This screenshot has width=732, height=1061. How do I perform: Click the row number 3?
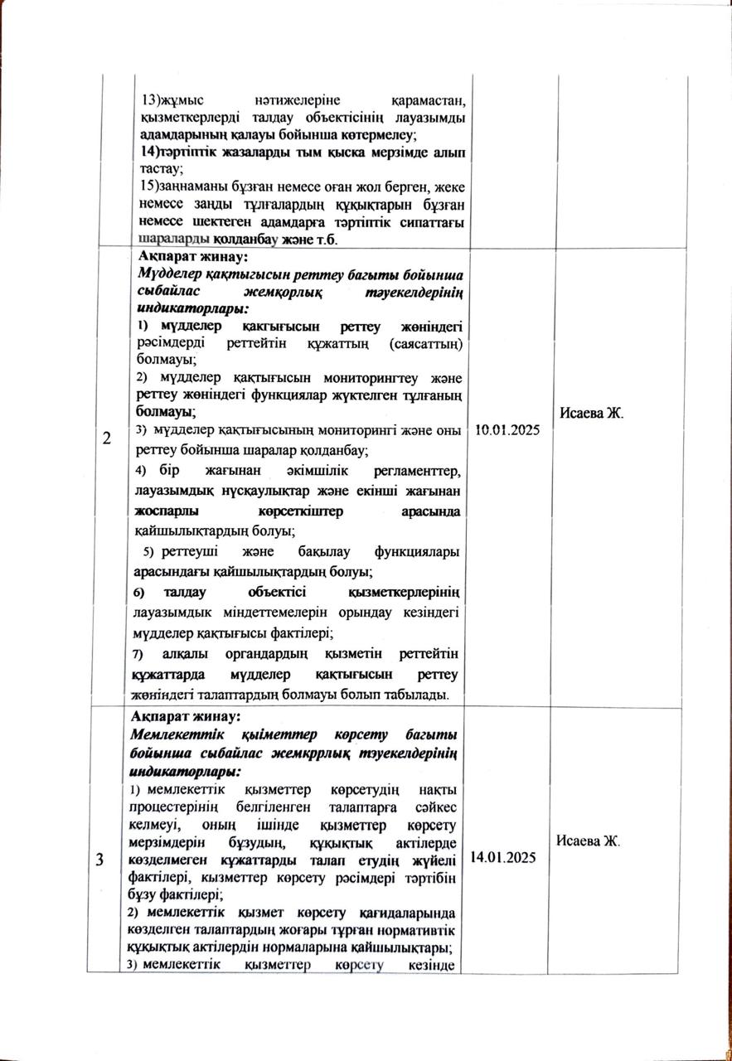coord(100,860)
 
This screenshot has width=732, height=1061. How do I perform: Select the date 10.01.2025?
coord(508,431)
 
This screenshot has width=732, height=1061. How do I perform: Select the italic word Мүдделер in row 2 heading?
coord(165,274)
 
